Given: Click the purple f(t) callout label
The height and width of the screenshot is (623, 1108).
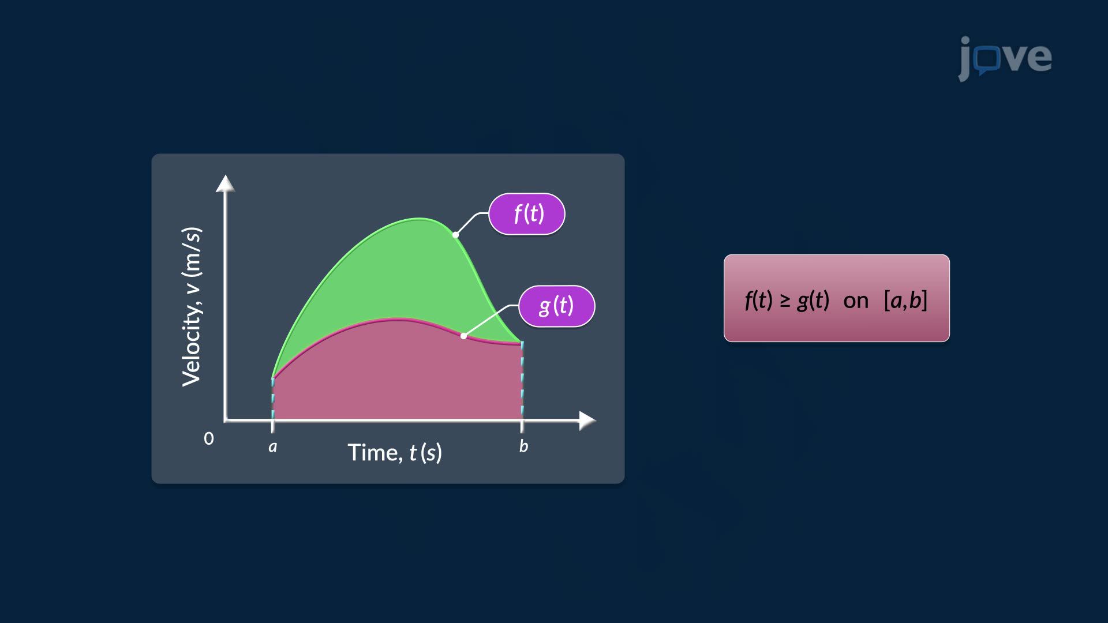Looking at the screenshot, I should (x=526, y=214).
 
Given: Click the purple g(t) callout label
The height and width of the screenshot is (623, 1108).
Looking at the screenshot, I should (x=556, y=306).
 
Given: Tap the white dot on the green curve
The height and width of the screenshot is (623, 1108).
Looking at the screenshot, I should (x=456, y=235).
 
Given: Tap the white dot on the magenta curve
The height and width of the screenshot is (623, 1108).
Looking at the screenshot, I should (x=463, y=336).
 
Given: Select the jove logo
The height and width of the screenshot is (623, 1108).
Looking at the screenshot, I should (x=1005, y=58).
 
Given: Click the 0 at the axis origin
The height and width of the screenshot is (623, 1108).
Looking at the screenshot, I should (x=209, y=439).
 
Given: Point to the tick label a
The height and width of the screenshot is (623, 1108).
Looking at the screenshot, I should (x=272, y=446).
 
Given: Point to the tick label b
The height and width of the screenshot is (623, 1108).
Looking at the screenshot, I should (x=523, y=446).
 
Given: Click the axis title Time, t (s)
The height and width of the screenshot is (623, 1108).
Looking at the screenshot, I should (x=395, y=453).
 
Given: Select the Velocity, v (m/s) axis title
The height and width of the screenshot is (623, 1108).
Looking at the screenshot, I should (x=192, y=307).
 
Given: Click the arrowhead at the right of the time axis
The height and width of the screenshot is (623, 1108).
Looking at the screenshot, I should (x=587, y=421).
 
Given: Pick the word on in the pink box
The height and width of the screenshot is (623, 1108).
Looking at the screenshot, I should (x=856, y=301).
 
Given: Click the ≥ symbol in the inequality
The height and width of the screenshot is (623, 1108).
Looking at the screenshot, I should (x=785, y=301).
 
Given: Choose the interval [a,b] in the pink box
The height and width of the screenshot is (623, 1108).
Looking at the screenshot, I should (x=905, y=301).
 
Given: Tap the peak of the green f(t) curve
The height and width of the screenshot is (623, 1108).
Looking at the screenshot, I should (x=419, y=219).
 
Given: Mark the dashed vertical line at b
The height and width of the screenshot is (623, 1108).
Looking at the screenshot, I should (x=522, y=381).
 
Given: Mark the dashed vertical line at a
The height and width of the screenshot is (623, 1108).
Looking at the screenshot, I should (x=273, y=398).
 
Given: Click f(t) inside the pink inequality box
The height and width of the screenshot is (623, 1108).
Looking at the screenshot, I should (x=758, y=301).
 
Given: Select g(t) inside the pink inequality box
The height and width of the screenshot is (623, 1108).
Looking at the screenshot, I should (x=813, y=301).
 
